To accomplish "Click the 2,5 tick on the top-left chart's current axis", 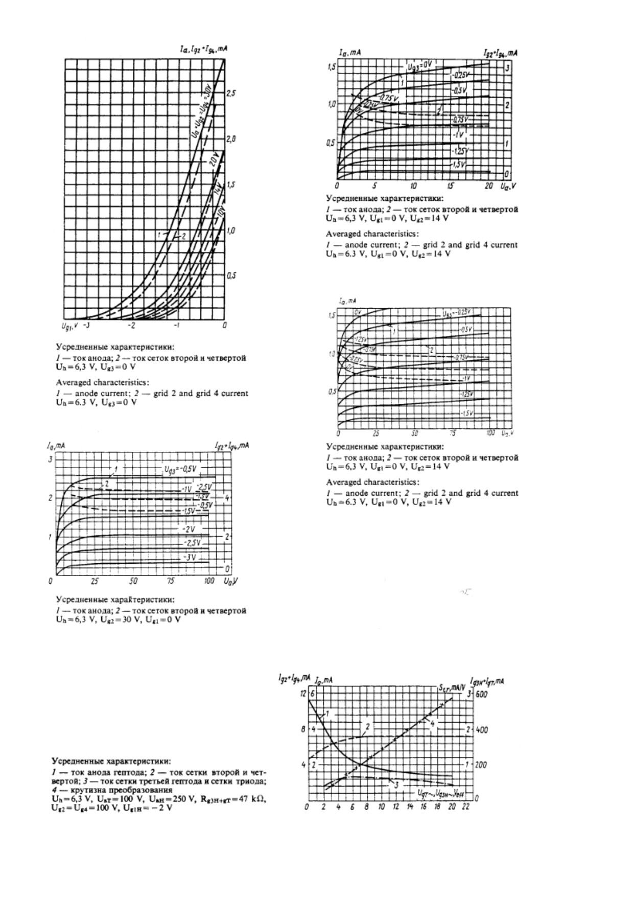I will tap(231, 94).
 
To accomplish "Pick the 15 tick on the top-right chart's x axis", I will tap(451, 186).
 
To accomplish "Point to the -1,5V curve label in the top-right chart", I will tap(458, 165).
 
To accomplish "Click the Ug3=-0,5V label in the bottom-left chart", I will tap(180, 470).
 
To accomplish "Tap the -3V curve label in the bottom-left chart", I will tap(190, 557).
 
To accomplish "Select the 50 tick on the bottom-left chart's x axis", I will tap(133, 581).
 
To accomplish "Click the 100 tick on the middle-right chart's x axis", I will tap(490, 433).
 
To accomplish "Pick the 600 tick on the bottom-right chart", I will tap(481, 695).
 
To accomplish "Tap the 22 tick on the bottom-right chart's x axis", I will tap(465, 807).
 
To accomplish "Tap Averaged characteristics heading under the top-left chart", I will tap(103, 382).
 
